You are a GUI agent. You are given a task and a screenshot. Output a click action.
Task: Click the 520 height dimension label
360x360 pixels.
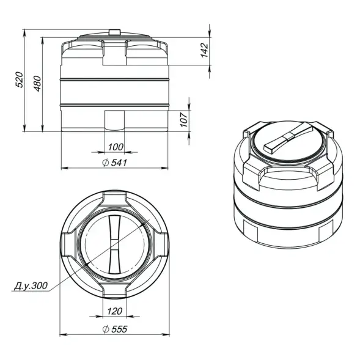click(x=20, y=79)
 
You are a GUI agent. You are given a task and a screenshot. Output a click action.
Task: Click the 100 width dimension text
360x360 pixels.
click(x=115, y=147)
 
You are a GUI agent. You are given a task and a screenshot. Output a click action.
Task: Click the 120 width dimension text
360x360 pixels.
click(x=115, y=311)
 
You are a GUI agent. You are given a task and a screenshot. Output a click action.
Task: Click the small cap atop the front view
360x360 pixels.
click(x=114, y=31)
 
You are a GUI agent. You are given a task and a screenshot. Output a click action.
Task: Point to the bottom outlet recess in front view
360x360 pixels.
click(x=114, y=120)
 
